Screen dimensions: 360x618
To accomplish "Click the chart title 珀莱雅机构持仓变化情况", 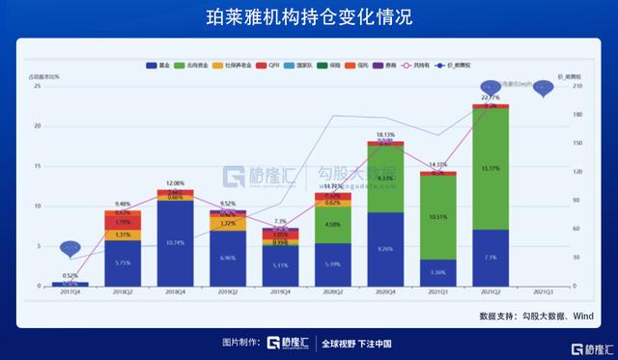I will pos(308,18).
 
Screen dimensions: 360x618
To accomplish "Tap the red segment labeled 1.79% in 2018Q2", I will pos(122,222).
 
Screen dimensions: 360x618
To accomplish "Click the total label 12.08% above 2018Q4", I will pos(175,182).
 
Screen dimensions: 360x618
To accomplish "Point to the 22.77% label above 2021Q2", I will pos(491,97).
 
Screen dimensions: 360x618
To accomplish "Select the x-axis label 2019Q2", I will pos(228,292).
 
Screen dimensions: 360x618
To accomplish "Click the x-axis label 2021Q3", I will pos(543,292).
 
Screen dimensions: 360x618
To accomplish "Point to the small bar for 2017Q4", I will pos(70,284).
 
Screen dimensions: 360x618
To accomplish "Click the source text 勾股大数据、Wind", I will pos(549,316).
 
